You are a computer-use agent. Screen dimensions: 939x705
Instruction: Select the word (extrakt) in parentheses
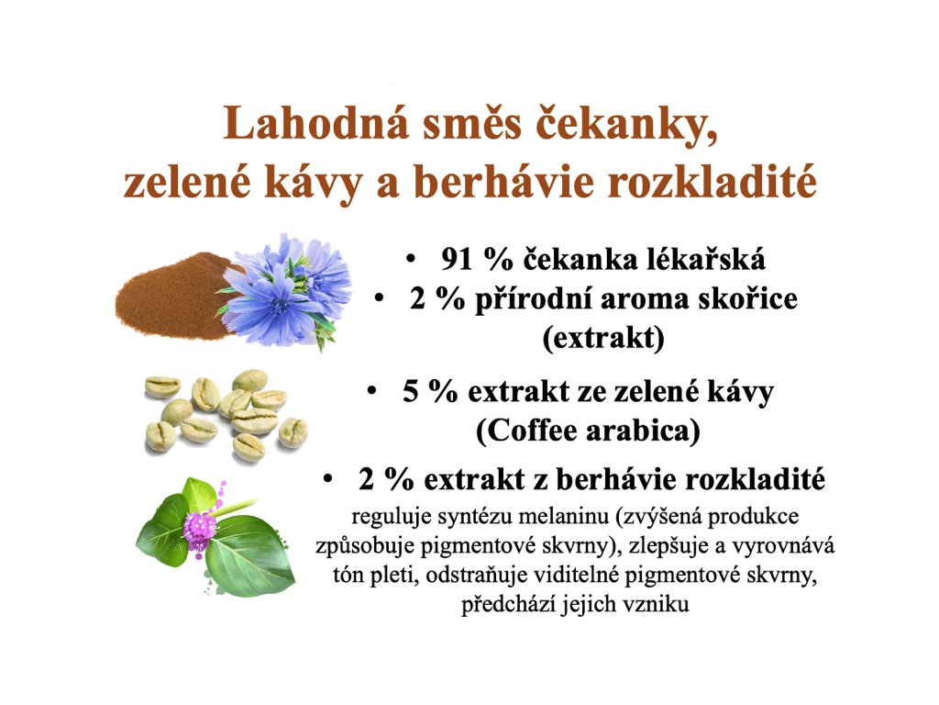603,338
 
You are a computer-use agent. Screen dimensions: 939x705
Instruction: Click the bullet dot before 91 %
410,259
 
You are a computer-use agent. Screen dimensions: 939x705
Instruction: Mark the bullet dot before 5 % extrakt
372,391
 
